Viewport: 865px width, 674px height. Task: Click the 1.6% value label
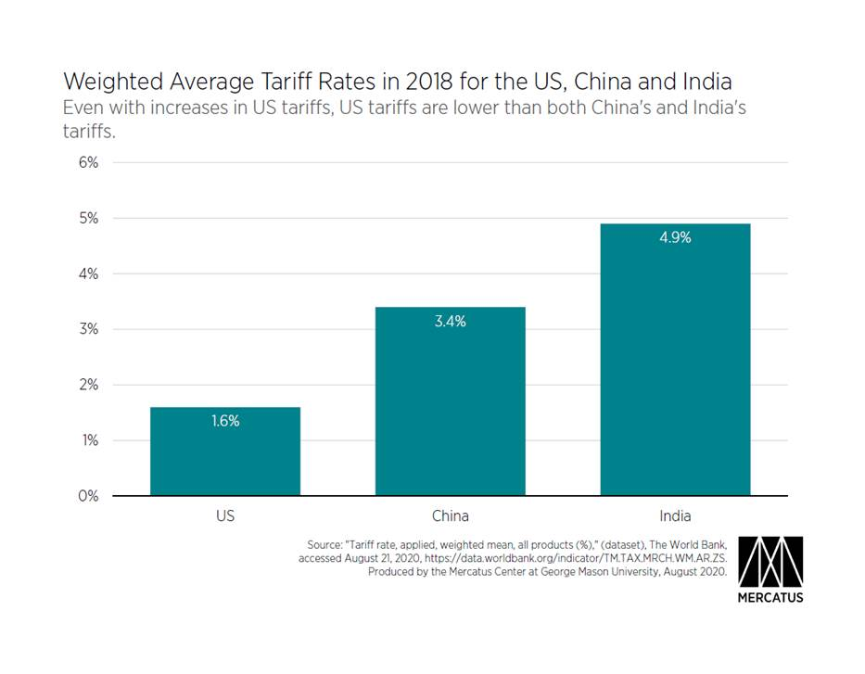pyautogui.click(x=225, y=421)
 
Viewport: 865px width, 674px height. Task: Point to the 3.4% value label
pyautogui.click(x=450, y=322)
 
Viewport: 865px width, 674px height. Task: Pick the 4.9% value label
pyautogui.click(x=675, y=237)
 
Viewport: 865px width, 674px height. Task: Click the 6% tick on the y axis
pyautogui.click(x=86, y=162)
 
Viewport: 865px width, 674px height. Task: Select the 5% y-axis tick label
pyautogui.click(x=86, y=218)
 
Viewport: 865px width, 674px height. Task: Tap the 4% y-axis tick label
pyautogui.click(x=86, y=273)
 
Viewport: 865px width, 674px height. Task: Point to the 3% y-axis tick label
pyautogui.click(x=86, y=329)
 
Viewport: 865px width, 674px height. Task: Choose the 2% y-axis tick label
pyautogui.click(x=86, y=385)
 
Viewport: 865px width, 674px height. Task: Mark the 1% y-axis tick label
pyautogui.click(x=86, y=440)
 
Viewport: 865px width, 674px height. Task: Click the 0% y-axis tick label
pyautogui.click(x=86, y=496)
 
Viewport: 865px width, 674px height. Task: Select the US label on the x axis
pyautogui.click(x=225, y=515)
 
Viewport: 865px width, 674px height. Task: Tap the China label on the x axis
pyautogui.click(x=450, y=515)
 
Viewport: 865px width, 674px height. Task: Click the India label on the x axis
pyautogui.click(x=675, y=515)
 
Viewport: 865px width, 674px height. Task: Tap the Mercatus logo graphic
pyautogui.click(x=770, y=560)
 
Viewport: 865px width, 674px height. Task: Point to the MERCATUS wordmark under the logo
pyautogui.click(x=770, y=597)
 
